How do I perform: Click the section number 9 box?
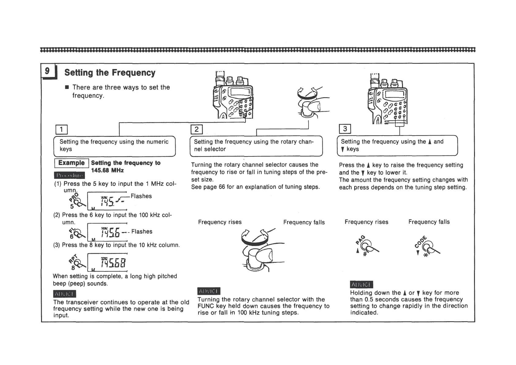47,71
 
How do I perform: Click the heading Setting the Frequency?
110,73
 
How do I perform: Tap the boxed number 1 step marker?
61,130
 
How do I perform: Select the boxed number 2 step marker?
196,129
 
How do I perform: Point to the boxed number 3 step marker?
345,129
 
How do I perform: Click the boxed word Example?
71,163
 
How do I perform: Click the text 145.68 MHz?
107,170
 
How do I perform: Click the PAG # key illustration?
366,246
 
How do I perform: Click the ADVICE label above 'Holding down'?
361,285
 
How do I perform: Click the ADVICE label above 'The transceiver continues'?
64,294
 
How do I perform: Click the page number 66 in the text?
222,187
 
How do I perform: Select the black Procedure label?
69,175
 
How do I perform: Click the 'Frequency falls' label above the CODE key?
429,222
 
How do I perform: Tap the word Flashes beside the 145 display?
141,196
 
